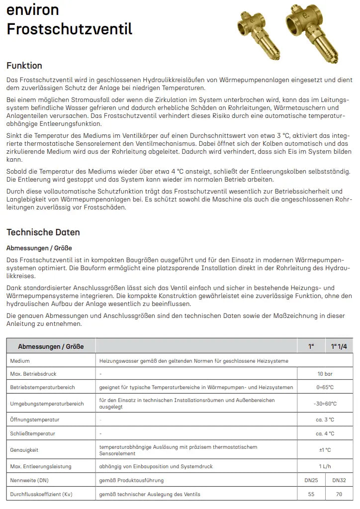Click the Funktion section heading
click(24, 66)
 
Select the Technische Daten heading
click(43, 232)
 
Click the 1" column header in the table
click(311, 346)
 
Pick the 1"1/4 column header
click(339, 346)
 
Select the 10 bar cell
click(326, 373)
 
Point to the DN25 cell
click(311, 480)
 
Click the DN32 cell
click(339, 480)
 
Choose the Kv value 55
click(311, 495)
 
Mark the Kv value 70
click(339, 495)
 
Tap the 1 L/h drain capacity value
click(326, 466)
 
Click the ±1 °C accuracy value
click(325, 450)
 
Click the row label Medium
click(20, 361)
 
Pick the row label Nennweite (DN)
click(29, 480)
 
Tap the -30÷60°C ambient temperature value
click(325, 404)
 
